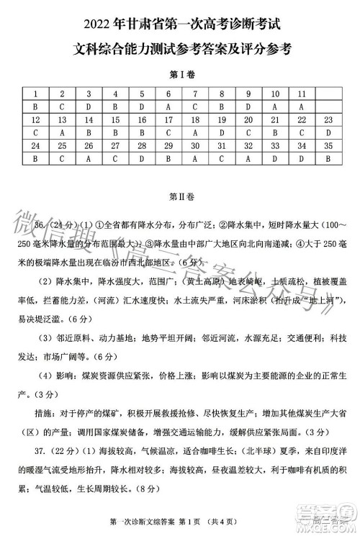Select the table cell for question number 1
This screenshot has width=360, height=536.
(x=35, y=94)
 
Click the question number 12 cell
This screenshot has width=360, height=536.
(x=35, y=119)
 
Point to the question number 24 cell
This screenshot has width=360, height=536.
(x=35, y=146)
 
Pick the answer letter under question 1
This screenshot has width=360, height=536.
(x=35, y=106)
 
